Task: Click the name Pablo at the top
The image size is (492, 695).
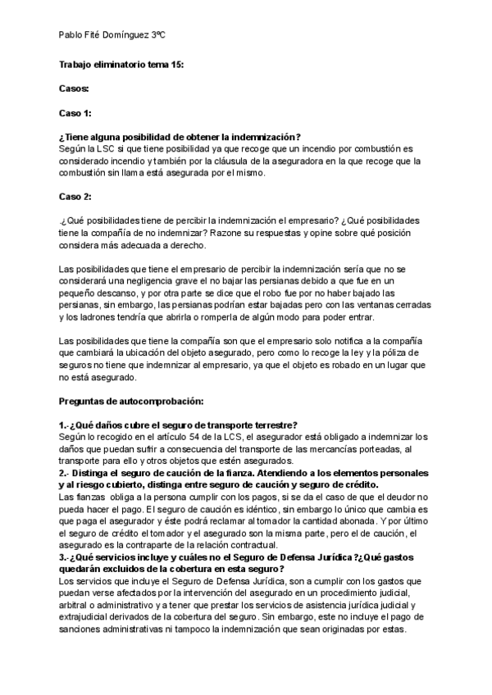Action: tap(73, 36)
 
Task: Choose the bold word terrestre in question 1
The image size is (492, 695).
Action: tap(271, 425)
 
